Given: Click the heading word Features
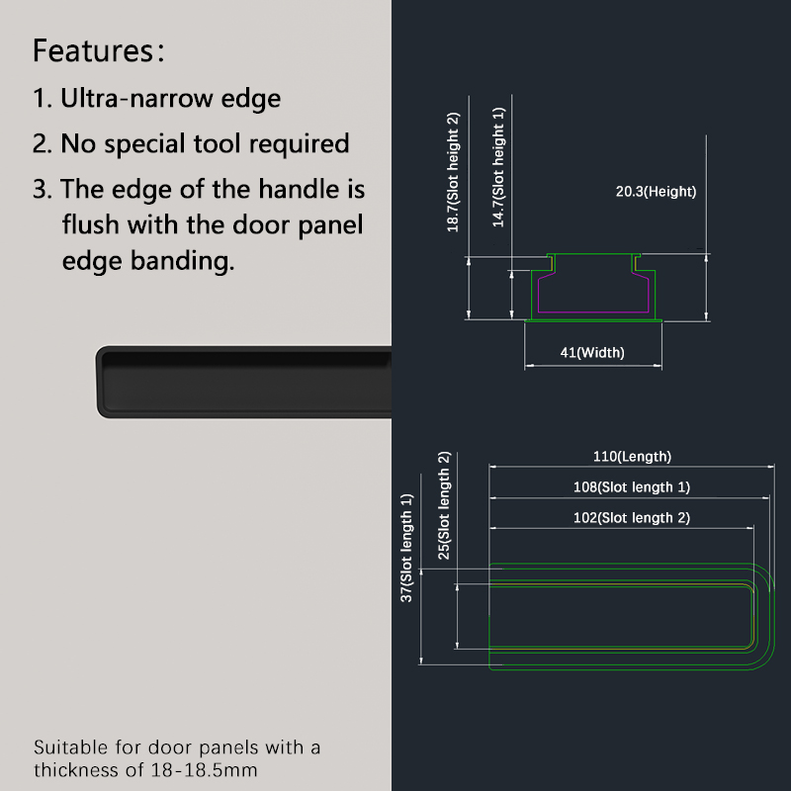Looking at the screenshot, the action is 93,50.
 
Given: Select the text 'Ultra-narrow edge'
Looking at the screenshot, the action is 170,98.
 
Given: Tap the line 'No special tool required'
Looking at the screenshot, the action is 205,143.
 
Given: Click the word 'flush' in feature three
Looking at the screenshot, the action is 91,224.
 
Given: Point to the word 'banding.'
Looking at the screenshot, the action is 183,261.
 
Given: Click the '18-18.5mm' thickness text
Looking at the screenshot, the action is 205,770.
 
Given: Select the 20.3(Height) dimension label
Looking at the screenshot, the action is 656,192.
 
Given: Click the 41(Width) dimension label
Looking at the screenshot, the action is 592,352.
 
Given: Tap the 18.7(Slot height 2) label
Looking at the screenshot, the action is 453,172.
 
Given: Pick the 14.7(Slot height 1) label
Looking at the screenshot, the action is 498,167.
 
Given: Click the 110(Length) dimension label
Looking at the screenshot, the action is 632,457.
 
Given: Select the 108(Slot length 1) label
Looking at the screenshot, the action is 632,487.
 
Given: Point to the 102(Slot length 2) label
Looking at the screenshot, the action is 632,518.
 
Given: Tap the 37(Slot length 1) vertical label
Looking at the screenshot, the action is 406,548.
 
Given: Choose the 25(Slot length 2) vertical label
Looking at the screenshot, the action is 444,505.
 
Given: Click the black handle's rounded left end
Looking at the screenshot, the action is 101,382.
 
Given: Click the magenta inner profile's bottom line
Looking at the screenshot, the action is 593,311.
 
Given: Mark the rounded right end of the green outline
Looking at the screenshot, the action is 773,616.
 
